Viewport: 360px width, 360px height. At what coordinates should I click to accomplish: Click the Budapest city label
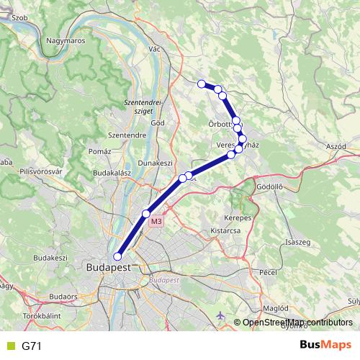(108, 266)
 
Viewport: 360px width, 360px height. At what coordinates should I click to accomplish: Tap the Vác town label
(153, 48)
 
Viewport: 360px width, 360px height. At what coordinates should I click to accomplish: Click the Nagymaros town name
(66, 41)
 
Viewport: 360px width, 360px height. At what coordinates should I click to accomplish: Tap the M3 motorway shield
(156, 222)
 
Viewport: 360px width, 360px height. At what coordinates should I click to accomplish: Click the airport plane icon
(220, 316)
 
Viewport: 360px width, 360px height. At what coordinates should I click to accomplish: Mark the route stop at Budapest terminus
(117, 256)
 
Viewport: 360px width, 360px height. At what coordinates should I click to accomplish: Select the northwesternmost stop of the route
(202, 84)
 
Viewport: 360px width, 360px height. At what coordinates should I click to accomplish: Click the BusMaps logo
(325, 346)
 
